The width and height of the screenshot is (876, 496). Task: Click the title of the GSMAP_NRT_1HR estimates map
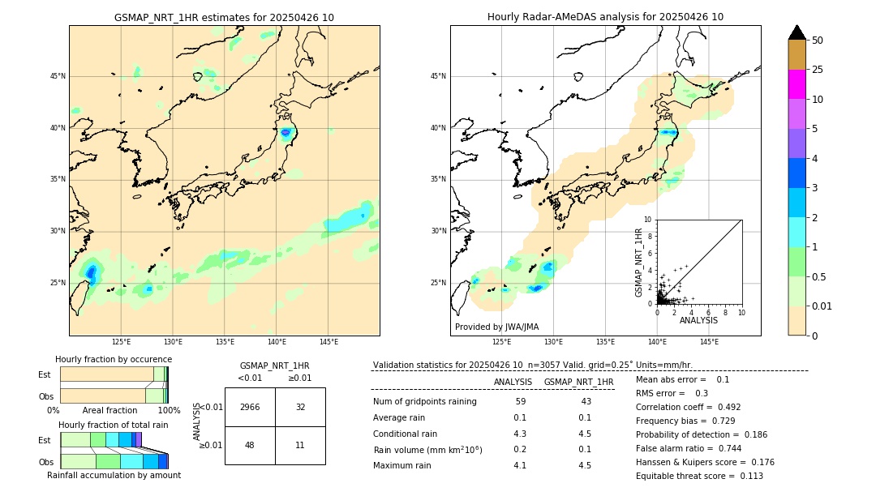coord(224,17)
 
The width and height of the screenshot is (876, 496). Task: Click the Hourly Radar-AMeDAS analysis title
coord(605,17)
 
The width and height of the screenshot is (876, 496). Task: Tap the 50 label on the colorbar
coord(818,41)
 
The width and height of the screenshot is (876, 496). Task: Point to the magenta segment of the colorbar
coord(797,84)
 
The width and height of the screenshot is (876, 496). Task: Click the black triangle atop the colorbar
coord(797,32)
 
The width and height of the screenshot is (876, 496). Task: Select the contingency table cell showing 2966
coord(250,407)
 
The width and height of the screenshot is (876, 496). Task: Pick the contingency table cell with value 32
coord(300,407)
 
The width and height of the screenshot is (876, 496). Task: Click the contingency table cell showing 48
coord(250,445)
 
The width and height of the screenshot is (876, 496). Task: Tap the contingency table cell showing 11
coord(300,445)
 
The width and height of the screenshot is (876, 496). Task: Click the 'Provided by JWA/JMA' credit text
coord(496,327)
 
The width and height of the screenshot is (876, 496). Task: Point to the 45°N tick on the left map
coord(58,76)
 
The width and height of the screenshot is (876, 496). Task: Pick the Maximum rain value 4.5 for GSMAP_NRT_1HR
coord(584,465)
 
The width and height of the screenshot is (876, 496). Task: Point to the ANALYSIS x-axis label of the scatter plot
coord(698,320)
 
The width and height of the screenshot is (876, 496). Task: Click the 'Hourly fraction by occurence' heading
coord(114,359)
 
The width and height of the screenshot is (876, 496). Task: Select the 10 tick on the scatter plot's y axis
coord(646,220)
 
